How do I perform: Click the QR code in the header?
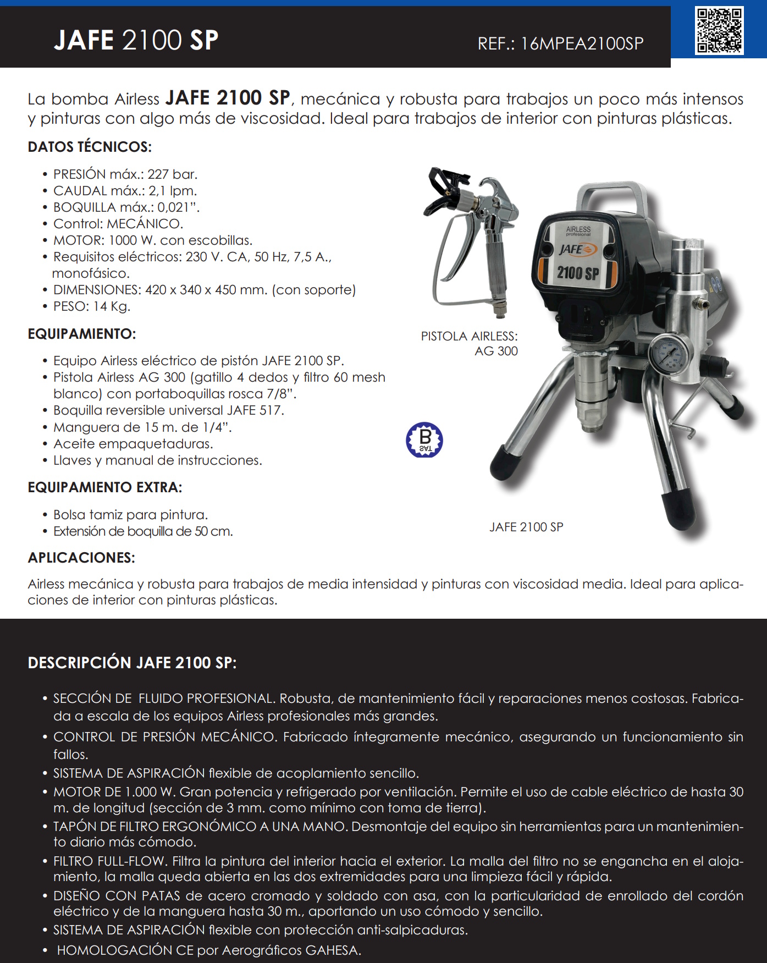719,31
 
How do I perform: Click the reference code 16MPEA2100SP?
582,43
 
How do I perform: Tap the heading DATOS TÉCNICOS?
90,147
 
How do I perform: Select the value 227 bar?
172,174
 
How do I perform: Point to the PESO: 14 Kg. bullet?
91,306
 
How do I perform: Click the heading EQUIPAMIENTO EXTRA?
104,487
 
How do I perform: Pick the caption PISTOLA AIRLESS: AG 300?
470,343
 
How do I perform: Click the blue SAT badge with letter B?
424,440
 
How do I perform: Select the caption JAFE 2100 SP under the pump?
526,527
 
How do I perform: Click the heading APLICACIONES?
81,558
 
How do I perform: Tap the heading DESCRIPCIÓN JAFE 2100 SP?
132,663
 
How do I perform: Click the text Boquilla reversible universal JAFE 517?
168,410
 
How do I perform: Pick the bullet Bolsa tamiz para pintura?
130,515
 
